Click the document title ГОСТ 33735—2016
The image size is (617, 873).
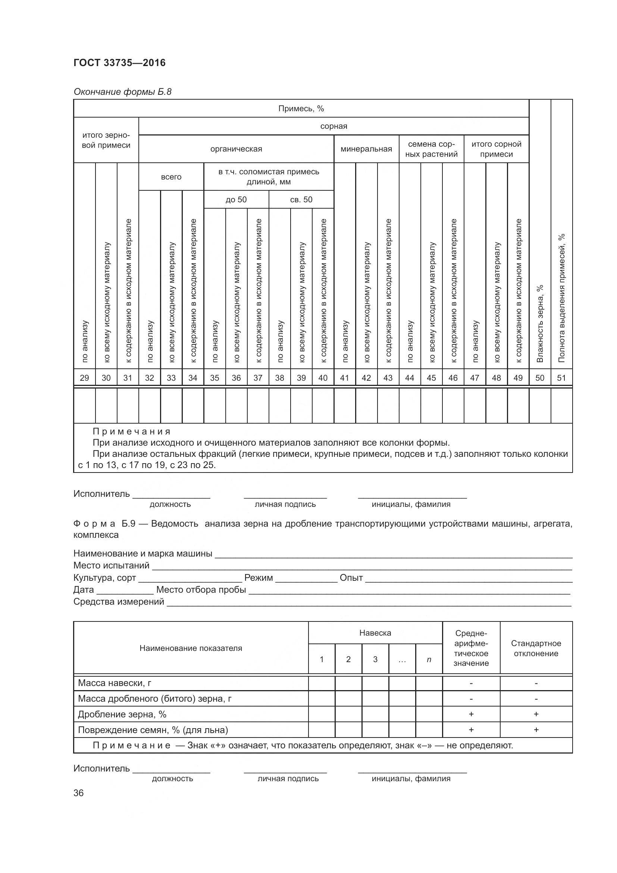coord(119,63)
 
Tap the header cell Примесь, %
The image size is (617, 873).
coord(301,109)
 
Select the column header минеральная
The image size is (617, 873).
coord(366,149)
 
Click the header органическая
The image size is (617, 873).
coord(236,149)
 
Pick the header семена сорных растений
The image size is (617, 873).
coord(431,149)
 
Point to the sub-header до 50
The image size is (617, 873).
coord(236,200)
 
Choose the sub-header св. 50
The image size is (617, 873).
coord(301,200)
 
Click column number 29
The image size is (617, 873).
coord(84,378)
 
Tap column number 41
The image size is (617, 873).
coord(344,378)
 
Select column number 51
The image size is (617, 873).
coord(561,378)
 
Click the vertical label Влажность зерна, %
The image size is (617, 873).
coord(540,323)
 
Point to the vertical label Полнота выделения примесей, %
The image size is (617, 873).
coord(561,299)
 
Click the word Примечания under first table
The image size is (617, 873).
coord(131,431)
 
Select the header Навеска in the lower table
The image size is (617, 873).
coord(375,633)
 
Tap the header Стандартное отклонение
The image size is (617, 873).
coord(536,648)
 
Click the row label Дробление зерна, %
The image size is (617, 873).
coord(122,714)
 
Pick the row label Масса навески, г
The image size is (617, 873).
coord(115,683)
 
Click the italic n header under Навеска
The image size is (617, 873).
coord(429,660)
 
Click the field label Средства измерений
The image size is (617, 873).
coord(119,602)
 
